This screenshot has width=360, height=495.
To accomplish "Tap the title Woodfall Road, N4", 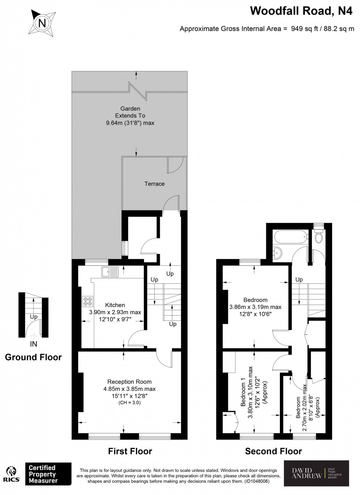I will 298,11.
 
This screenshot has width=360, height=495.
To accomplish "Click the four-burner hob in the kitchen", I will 88,301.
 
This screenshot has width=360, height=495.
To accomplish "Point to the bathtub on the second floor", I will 290,237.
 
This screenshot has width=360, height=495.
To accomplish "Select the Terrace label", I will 154,184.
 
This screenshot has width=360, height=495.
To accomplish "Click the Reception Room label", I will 129,382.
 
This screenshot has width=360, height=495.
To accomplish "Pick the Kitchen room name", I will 115,305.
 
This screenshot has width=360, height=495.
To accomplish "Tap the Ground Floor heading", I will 33,357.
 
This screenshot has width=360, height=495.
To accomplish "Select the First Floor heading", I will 130,451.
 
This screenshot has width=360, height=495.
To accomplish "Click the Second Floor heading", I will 273,451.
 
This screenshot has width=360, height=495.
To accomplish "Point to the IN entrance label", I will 33,344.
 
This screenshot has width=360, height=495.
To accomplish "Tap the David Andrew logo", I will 317,475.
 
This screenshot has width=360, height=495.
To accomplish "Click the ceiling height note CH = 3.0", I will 129,403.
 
